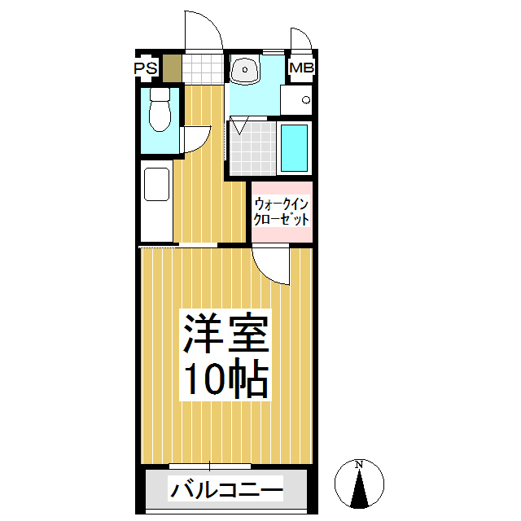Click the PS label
coord(147,68)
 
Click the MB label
coord(300,68)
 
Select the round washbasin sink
coord(244,71)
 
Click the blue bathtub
coord(295,147)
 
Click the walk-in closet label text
coord(282,212)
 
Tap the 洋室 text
coord(225,334)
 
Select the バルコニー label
coord(225,491)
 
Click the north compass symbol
coord(359,484)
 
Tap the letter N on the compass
coord(359,465)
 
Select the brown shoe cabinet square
coord(171,68)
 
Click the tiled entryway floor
coord(202,68)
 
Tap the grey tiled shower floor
coord(252,147)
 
